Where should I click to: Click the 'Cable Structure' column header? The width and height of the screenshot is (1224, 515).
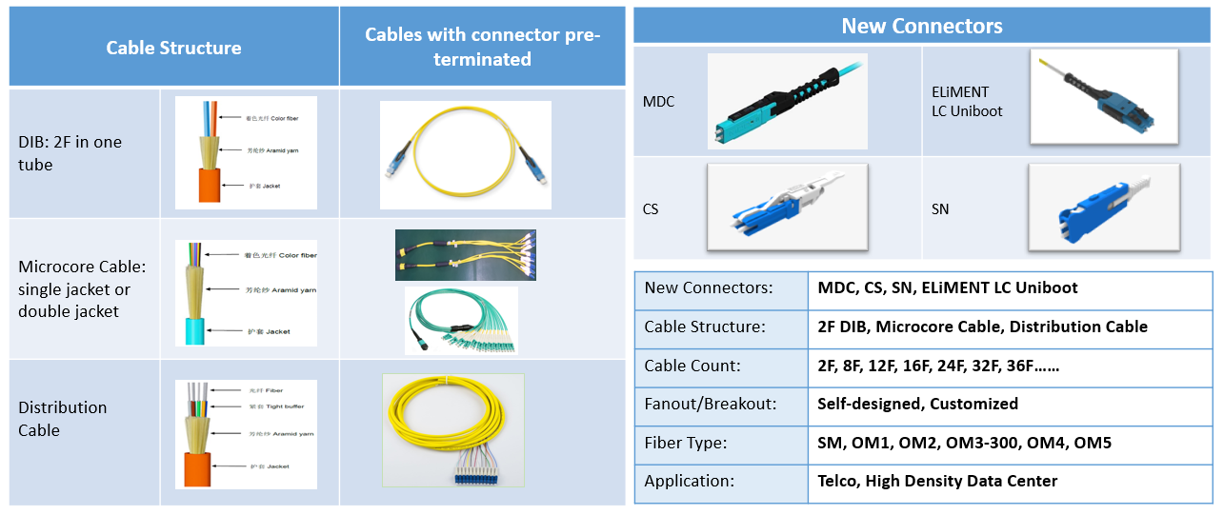(173, 48)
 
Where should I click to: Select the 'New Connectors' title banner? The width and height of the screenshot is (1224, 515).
(921, 26)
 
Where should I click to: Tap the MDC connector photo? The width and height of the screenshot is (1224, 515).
(787, 101)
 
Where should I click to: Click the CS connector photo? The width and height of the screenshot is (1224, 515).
(787, 208)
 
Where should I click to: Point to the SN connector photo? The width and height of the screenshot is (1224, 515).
(1104, 208)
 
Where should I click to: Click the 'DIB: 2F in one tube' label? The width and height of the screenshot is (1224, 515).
(70, 153)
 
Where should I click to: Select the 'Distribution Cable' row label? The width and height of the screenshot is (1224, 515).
(63, 419)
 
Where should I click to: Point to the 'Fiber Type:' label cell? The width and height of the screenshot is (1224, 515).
(686, 443)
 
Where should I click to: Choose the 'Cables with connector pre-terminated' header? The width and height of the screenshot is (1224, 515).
(482, 47)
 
